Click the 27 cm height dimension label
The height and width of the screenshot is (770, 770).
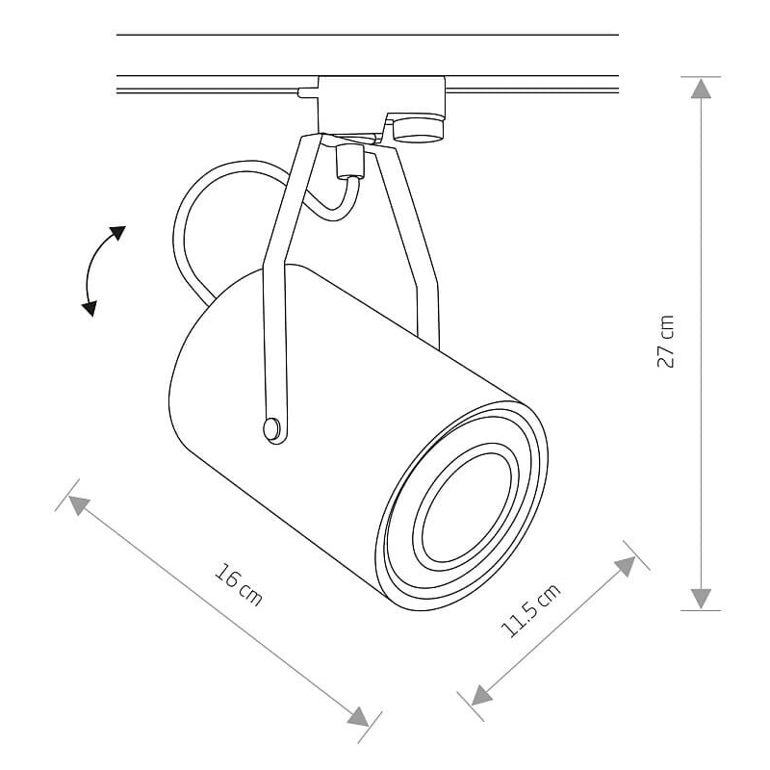[x=666, y=342]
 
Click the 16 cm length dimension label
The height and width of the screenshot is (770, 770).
[x=239, y=584]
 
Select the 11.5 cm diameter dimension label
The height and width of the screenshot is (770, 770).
[x=530, y=610]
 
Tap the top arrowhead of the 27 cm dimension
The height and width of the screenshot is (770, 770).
[x=701, y=88]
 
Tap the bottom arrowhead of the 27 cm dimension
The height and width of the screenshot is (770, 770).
[x=701, y=599]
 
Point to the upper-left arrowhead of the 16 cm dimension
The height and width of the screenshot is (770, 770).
[x=79, y=504]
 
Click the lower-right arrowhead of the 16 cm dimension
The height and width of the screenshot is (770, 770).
[x=358, y=716]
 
